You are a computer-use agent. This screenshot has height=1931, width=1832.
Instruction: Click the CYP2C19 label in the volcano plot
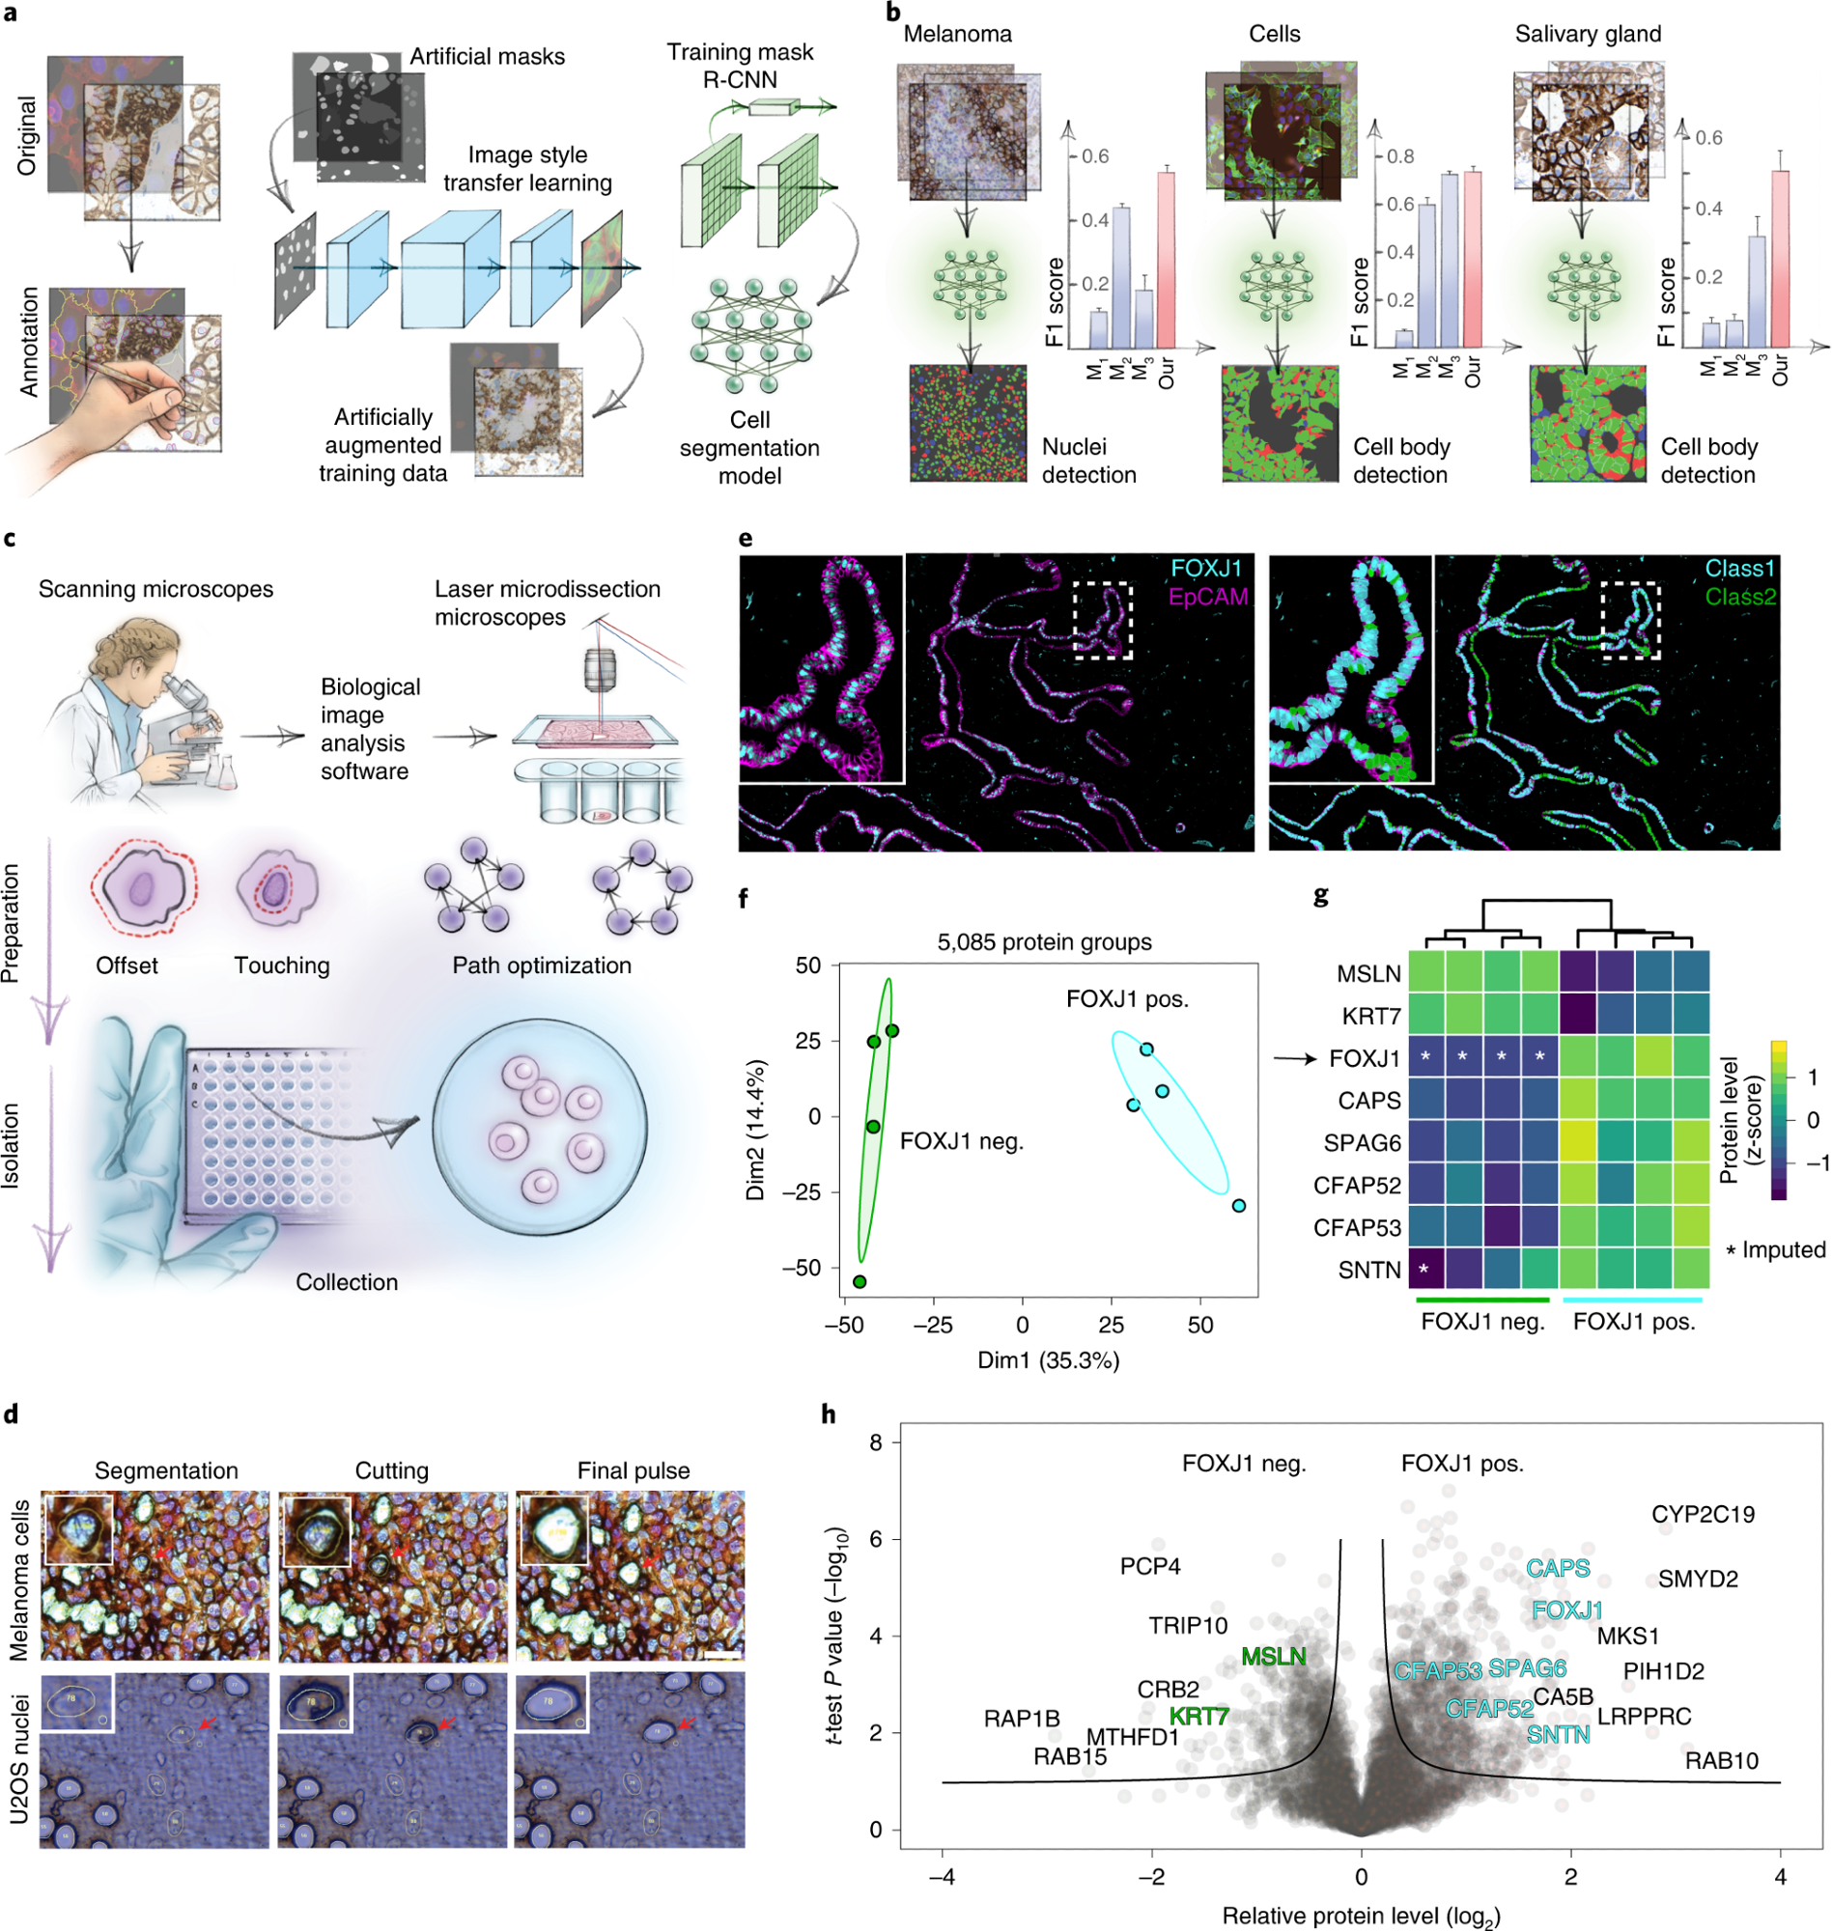(x=1703, y=1514)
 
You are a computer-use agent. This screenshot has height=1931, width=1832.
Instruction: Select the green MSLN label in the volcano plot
(x=1274, y=1656)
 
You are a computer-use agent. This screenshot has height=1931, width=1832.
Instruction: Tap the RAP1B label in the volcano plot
(x=1022, y=1718)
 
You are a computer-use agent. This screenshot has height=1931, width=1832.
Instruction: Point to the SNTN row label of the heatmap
(x=1369, y=1269)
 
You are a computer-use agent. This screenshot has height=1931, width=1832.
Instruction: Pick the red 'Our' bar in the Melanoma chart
(x=1165, y=260)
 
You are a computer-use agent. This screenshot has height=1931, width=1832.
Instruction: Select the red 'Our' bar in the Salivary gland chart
(x=1780, y=259)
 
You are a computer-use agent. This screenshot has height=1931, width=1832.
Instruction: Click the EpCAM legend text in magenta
(x=1208, y=597)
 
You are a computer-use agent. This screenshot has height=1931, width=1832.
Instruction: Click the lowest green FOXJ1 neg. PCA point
(x=860, y=1282)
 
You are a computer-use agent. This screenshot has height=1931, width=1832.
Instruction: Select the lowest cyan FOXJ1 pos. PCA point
(x=1238, y=1206)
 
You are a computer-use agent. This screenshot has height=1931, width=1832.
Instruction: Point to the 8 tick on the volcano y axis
(x=875, y=1442)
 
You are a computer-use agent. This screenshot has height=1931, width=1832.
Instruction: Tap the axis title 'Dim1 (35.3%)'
(x=1048, y=1359)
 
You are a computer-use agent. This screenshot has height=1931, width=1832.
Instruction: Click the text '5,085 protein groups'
(x=1044, y=942)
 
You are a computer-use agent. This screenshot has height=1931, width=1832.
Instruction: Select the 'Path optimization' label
(x=541, y=965)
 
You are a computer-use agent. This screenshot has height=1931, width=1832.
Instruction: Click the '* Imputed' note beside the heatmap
(x=1775, y=1249)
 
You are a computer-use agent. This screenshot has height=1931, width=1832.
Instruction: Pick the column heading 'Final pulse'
(x=633, y=1470)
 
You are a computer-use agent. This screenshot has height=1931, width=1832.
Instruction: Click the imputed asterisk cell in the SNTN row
(x=1424, y=1269)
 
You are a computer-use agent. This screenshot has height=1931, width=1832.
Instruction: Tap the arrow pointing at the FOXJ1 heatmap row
(x=1295, y=1058)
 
